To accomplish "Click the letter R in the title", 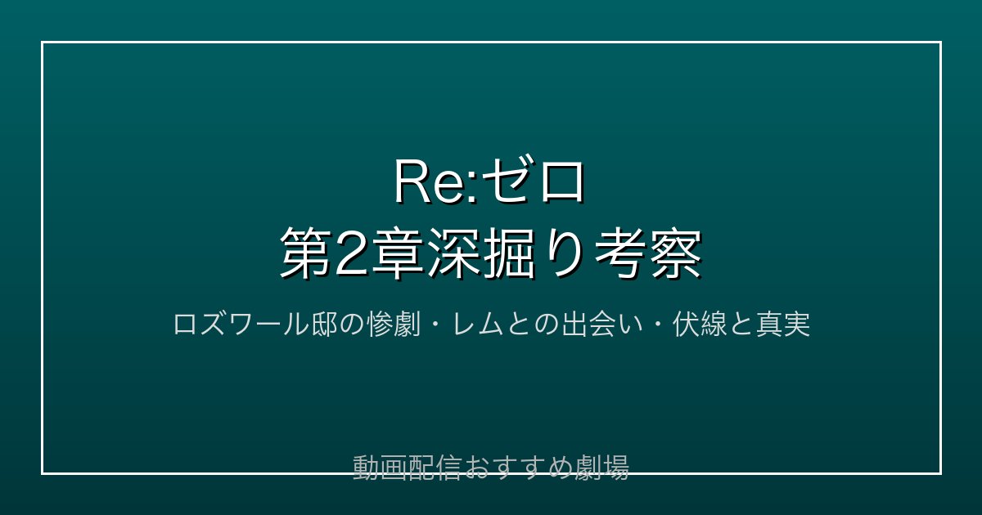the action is [414, 181].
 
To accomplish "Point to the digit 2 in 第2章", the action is [351, 253].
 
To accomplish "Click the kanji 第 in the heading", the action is [306, 253].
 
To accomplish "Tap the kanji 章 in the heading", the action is [397, 253].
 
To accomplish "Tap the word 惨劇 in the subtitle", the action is [394, 325].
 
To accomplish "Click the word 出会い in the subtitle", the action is [602, 325].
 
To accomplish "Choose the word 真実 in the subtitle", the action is [783, 325].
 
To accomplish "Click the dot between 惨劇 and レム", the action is [437, 325].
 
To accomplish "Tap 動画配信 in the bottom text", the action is [407, 468].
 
